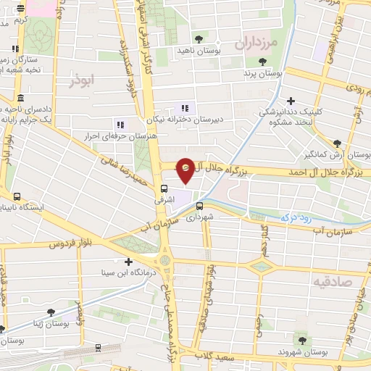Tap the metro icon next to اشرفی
click(x=164, y=189)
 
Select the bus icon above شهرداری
click(x=199, y=205)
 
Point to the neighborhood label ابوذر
click(x=82, y=80)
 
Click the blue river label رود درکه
click(x=295, y=215)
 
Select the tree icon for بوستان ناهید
click(x=199, y=39)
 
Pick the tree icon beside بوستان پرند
click(x=262, y=62)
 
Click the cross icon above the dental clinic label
click(x=291, y=101)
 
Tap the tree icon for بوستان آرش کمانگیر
click(x=337, y=143)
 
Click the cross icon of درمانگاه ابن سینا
click(x=129, y=262)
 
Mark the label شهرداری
click(x=200, y=217)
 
